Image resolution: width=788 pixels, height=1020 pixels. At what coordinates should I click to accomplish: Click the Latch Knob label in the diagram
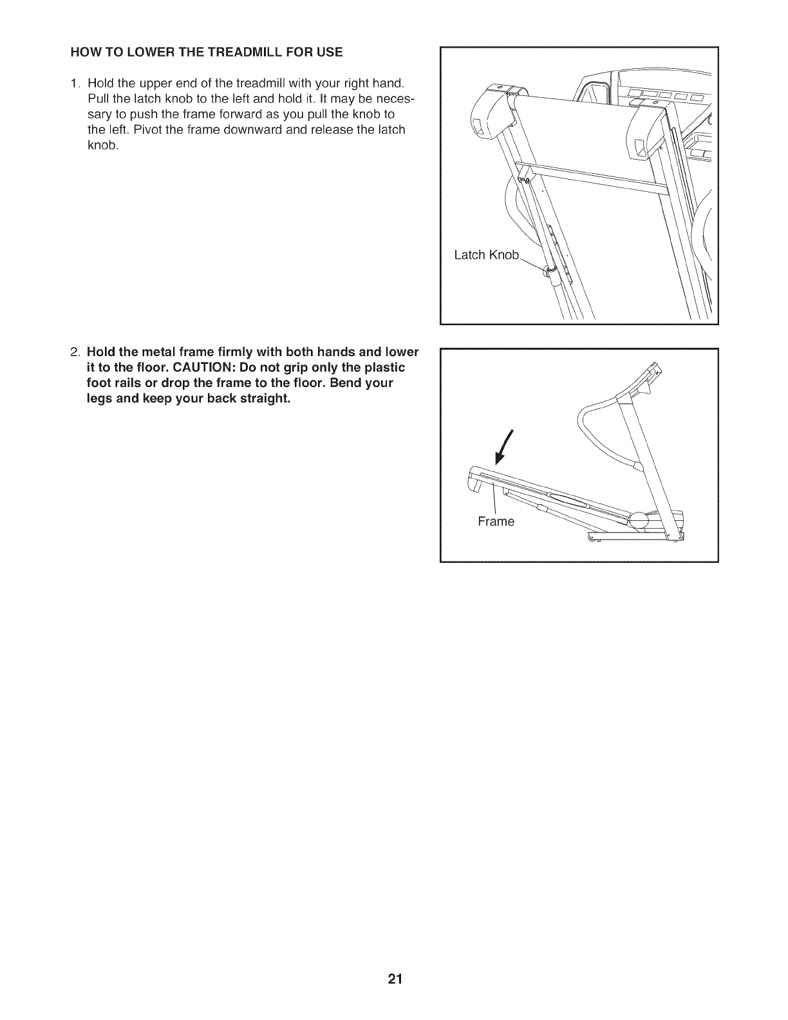pos(486,255)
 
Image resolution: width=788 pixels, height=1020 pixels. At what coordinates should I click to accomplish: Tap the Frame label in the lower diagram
pos(496,521)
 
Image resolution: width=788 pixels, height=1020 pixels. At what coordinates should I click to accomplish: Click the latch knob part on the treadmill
pos(550,272)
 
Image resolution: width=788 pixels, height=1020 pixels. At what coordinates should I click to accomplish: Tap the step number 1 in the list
pos(75,83)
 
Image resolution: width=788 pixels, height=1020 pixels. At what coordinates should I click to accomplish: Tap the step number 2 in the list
pos(75,352)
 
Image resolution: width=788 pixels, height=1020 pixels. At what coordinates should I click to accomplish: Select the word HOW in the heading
pos(83,52)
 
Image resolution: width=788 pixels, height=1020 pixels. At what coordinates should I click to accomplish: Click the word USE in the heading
pos(331,52)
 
